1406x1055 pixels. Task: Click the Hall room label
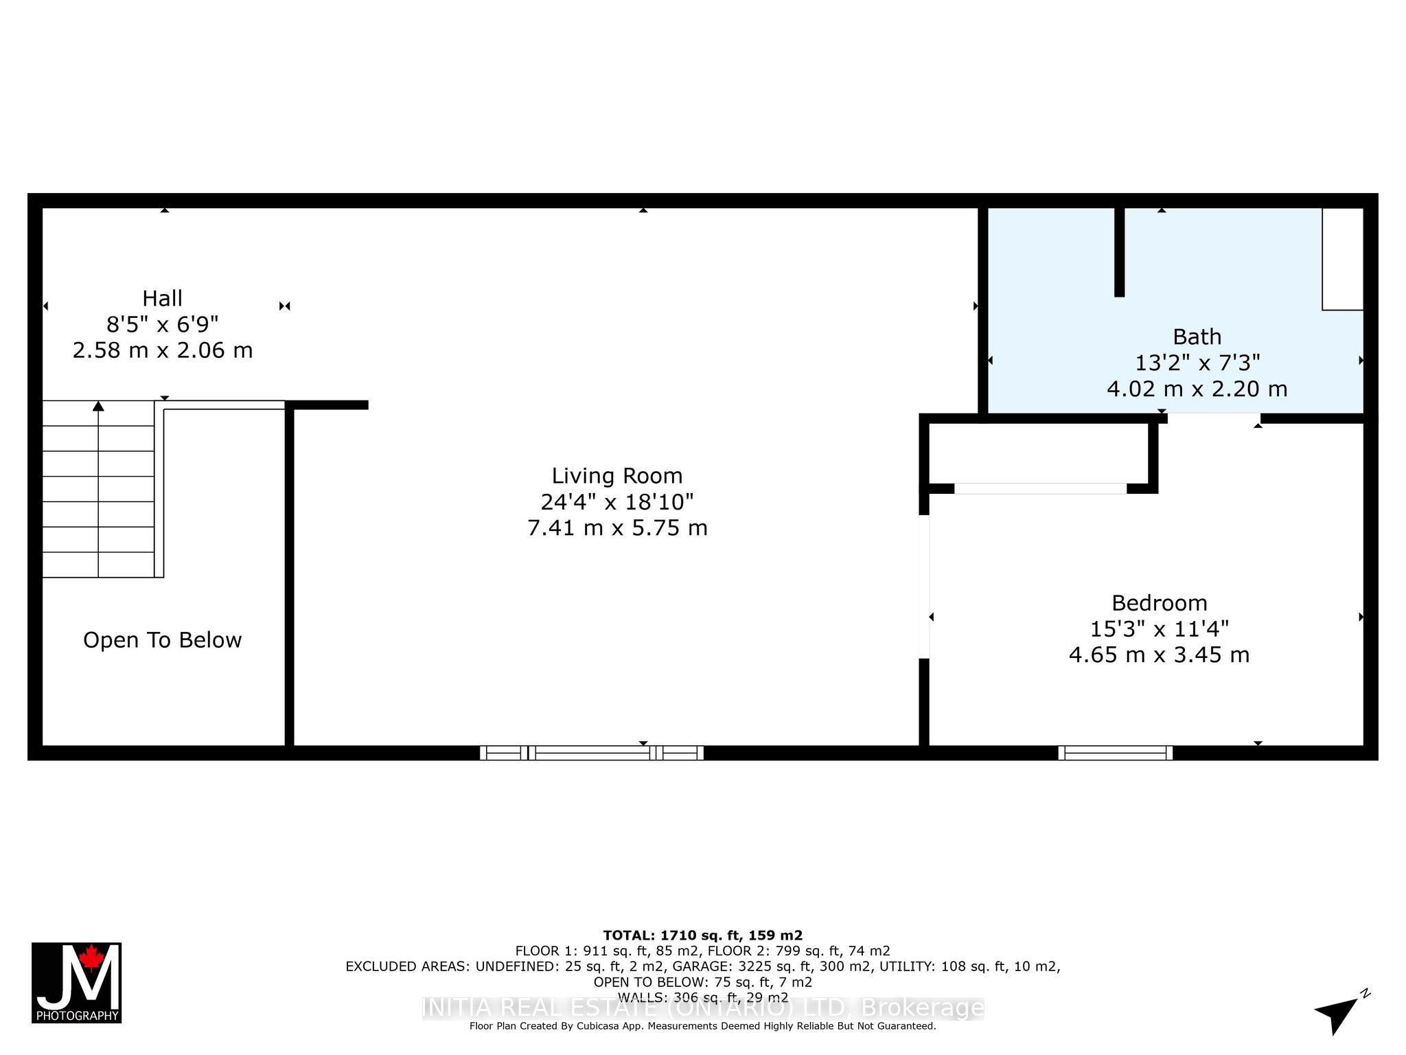coord(162,299)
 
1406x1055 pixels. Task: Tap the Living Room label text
coord(617,476)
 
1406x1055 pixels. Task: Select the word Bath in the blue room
coord(1197,337)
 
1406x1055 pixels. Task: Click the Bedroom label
coord(1159,603)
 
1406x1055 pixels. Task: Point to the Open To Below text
coord(163,640)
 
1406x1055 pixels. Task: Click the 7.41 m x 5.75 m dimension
coord(617,528)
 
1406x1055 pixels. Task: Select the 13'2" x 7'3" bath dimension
coord(1197,363)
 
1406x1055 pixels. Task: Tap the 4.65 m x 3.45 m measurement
coord(1159,655)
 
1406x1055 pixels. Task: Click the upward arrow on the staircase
coord(98,407)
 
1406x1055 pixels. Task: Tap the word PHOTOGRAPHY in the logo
coord(77,1016)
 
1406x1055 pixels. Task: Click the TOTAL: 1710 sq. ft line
coord(702,935)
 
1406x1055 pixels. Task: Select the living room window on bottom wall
coord(591,753)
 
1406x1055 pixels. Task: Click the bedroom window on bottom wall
coord(1115,753)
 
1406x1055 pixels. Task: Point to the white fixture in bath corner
coord(1342,259)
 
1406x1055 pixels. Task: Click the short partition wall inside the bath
coord(1119,252)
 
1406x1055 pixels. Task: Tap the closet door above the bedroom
coord(1039,488)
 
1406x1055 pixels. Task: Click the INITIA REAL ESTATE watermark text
coord(702,1008)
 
